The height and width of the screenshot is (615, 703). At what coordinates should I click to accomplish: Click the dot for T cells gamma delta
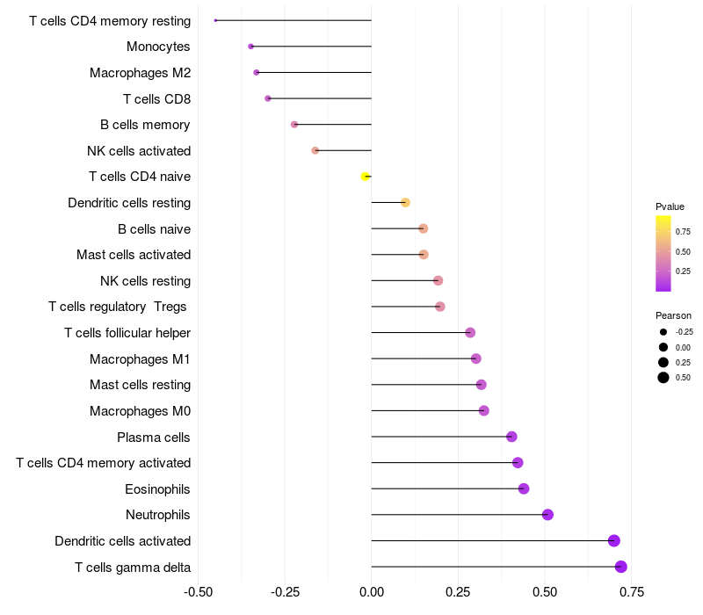coord(620,567)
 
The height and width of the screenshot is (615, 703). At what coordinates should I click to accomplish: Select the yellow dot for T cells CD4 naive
coord(366,177)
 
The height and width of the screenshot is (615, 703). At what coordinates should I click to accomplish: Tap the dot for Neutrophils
coord(547,515)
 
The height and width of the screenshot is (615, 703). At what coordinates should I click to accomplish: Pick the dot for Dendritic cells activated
coord(613,540)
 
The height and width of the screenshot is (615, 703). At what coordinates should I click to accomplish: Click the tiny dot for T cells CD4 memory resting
coord(215,20)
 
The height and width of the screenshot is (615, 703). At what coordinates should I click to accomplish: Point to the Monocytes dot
coord(250,47)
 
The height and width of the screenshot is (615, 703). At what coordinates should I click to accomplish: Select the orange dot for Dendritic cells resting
coord(405,203)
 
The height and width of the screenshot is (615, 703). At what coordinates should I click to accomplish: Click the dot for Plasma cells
coord(511,437)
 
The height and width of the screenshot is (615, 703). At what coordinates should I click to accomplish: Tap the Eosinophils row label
coord(157,489)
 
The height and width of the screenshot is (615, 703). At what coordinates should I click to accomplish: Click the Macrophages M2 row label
coord(141,73)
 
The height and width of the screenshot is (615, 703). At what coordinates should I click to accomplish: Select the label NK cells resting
coord(146,281)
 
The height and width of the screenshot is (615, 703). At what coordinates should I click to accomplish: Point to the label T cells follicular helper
coord(127,333)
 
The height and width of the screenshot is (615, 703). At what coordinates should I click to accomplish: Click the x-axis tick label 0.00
coord(371,592)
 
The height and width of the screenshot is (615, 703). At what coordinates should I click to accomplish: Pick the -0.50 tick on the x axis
coord(199,592)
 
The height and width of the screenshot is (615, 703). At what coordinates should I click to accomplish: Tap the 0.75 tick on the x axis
coord(632,592)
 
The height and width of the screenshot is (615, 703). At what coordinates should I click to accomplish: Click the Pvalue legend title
coord(670,206)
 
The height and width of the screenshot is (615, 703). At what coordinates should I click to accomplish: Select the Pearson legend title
coord(673,315)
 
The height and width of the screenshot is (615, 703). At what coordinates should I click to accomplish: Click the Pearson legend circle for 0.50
coord(663,378)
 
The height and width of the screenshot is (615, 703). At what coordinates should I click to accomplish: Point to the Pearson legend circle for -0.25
coord(663,332)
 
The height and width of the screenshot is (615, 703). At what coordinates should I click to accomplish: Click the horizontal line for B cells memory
coord(333,125)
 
